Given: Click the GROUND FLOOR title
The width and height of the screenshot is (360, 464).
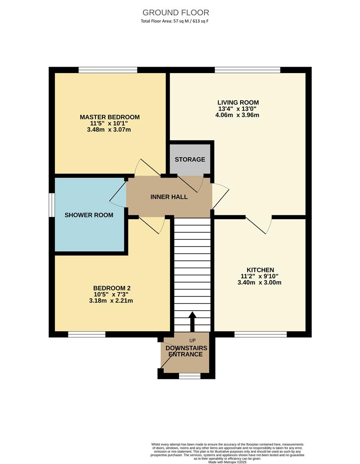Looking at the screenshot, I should click(176, 12).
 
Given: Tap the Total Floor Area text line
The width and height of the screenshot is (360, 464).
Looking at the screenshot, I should click(175, 21).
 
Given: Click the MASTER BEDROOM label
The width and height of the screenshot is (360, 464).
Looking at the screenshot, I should click(110, 117).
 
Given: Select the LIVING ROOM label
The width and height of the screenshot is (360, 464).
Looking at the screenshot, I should click(238, 102).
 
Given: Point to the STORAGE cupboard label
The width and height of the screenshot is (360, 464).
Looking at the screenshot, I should click(190, 159).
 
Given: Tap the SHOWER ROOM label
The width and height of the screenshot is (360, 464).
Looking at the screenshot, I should click(89, 215).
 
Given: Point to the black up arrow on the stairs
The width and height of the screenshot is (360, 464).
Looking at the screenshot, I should click(192, 321).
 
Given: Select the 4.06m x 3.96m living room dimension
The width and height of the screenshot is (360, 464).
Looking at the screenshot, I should click(238, 115).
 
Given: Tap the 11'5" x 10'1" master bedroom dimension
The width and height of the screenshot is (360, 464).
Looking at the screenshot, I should click(110, 123).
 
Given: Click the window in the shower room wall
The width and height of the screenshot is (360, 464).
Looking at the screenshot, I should click(51, 205).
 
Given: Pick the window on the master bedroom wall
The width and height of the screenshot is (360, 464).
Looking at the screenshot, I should click(108, 70).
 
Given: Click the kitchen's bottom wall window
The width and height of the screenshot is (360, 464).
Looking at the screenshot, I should click(260, 334).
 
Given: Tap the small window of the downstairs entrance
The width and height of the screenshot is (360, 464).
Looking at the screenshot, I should click(189, 376).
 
